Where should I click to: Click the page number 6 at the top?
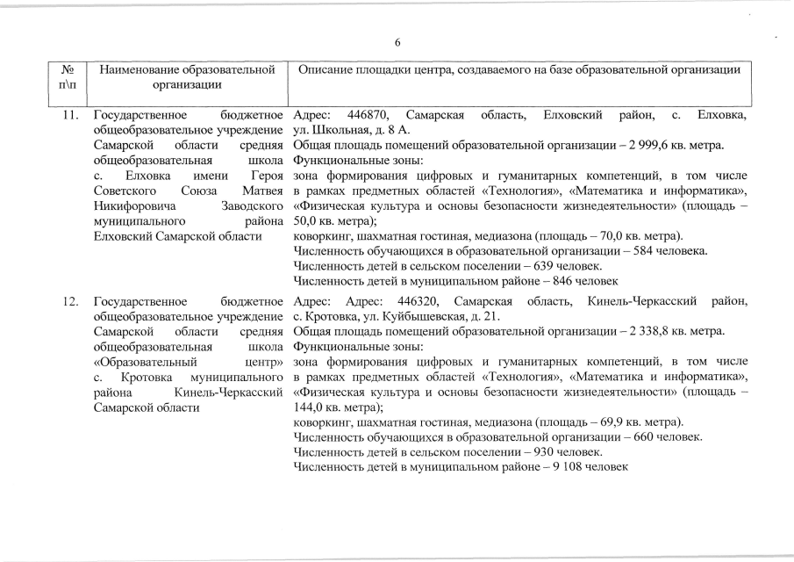397,42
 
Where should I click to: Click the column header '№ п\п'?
69,77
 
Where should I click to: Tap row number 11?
70,115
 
